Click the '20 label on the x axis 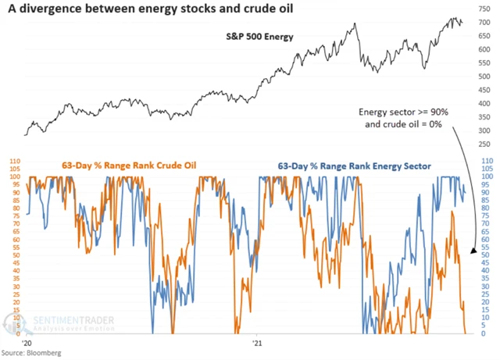(24, 342)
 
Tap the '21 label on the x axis (258, 342)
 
